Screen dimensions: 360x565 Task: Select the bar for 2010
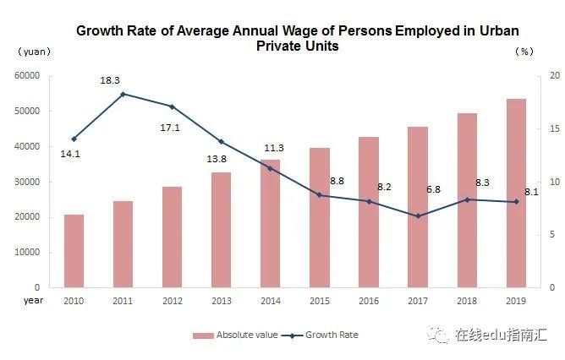(74, 251)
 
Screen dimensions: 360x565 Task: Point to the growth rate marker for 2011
(123, 94)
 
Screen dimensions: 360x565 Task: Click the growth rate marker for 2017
(417, 215)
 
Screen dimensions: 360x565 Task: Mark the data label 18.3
(109, 79)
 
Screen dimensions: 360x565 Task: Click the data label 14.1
(70, 154)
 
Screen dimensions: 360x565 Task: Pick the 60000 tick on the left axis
(28, 76)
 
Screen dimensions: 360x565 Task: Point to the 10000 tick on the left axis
(28, 253)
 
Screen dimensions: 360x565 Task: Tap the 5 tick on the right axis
(551, 235)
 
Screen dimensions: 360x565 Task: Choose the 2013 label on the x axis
(221, 300)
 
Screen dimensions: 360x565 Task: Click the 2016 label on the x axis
(368, 300)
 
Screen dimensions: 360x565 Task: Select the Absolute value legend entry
(235, 335)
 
